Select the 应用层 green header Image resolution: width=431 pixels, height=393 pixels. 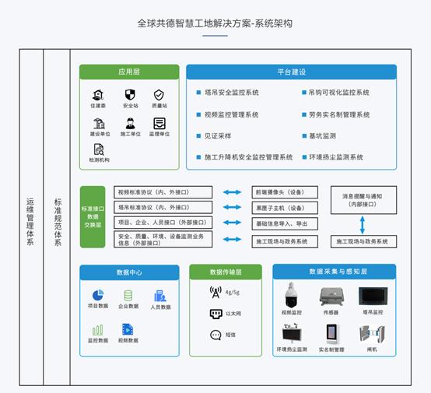(129, 72)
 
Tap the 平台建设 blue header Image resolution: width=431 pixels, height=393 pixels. (291, 72)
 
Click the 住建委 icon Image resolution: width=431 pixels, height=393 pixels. (98, 95)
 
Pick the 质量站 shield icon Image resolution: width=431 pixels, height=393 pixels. (159, 95)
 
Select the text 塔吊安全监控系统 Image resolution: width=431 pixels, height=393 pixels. (231, 93)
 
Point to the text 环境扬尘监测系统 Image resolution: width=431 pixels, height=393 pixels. (335, 156)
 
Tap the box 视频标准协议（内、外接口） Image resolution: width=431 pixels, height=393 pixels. (163, 191)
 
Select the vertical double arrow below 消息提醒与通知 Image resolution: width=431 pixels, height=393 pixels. (362, 226)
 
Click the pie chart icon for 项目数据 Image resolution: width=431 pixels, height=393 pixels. (98, 296)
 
